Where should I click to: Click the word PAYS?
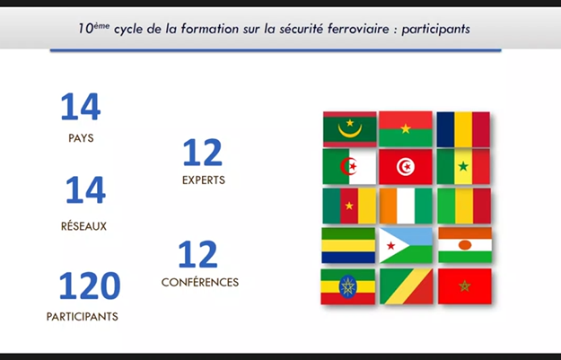pos(81,138)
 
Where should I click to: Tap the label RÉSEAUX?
pos(83,226)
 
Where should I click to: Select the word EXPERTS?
pos(204,180)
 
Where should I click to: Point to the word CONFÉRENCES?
pos(200,283)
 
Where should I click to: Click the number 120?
pos(90,285)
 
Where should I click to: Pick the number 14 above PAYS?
pos(81,107)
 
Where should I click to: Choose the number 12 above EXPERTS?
pos(203,153)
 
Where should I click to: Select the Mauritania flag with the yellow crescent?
pos(349,129)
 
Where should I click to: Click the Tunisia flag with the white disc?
pos(406,167)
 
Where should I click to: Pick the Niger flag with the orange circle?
pos(465,245)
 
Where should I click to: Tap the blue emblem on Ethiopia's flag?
pos(347,286)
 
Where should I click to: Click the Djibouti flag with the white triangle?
pos(406,245)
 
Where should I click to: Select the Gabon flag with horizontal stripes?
pos(348,245)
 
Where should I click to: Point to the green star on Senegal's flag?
pos(463,166)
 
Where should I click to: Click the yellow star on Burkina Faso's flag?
pos(406,128)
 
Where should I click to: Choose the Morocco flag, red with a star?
pos(465,286)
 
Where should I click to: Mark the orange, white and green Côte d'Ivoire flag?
pos(406,206)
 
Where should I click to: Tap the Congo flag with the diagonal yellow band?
pos(406,286)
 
